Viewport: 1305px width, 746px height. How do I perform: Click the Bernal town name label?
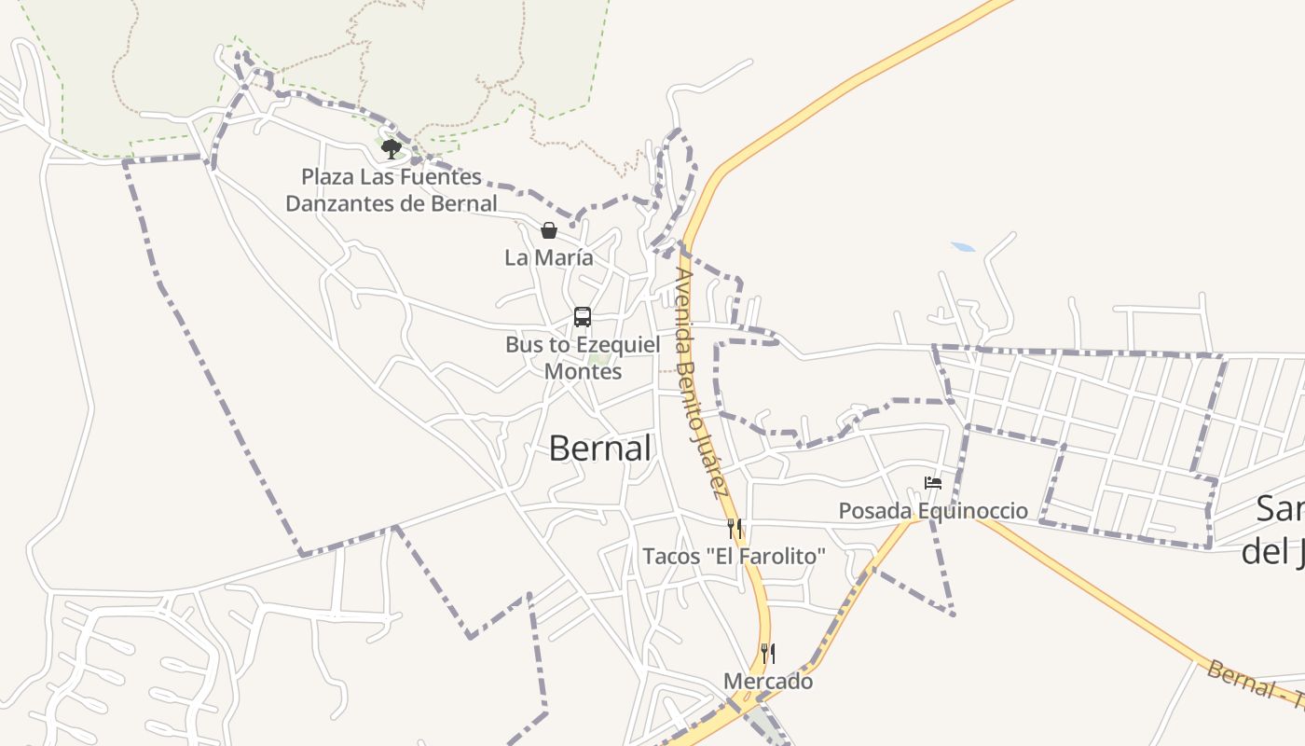click(x=599, y=449)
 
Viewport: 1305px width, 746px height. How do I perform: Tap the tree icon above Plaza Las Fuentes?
click(x=391, y=148)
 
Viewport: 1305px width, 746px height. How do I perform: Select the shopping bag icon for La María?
click(x=549, y=230)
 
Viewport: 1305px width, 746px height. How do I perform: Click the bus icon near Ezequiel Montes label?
click(x=583, y=317)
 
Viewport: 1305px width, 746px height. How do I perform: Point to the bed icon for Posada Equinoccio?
click(x=933, y=483)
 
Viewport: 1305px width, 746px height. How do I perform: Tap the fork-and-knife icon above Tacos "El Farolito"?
click(x=735, y=529)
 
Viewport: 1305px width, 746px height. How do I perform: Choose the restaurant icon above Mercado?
click(x=768, y=653)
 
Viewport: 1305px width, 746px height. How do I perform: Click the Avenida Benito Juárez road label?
click(x=702, y=382)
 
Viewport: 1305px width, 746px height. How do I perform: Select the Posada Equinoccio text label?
click(x=933, y=511)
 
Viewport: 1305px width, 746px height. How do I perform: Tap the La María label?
click(x=549, y=258)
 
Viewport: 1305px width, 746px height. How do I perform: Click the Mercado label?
click(x=768, y=682)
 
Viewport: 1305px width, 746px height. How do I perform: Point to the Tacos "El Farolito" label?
click(x=735, y=557)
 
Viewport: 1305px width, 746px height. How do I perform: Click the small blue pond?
click(x=963, y=247)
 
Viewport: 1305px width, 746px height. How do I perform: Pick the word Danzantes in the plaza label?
click(x=339, y=203)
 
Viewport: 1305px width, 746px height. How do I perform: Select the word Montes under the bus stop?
click(x=583, y=371)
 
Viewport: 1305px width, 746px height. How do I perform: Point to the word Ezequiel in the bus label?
click(x=616, y=345)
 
